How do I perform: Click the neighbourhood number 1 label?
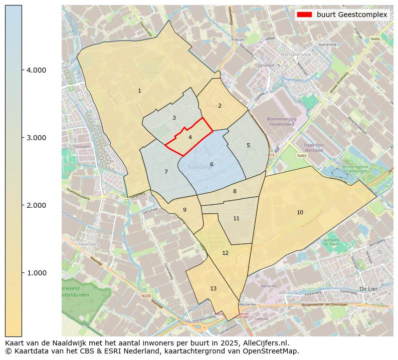pyautogui.click(x=139, y=91)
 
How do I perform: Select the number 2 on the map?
pyautogui.click(x=220, y=106)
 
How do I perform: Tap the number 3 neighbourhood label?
pyautogui.click(x=174, y=118)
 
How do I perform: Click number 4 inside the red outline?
pyautogui.click(x=190, y=137)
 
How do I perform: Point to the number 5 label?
pyautogui.click(x=248, y=145)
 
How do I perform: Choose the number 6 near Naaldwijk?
pyautogui.click(x=212, y=164)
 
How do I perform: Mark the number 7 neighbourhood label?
pyautogui.click(x=166, y=172)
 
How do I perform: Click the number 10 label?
pyautogui.click(x=300, y=212)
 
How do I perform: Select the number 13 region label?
pyautogui.click(x=214, y=288)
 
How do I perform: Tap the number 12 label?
pyautogui.click(x=226, y=253)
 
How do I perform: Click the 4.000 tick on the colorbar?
pyautogui.click(x=36, y=70)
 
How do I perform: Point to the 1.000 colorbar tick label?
pyautogui.click(x=36, y=273)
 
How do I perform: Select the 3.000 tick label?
pyautogui.click(x=36, y=138)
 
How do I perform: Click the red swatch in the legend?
pyautogui.click(x=305, y=15)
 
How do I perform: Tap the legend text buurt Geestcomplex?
pyautogui.click(x=352, y=15)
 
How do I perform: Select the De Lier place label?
pyautogui.click(x=368, y=289)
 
